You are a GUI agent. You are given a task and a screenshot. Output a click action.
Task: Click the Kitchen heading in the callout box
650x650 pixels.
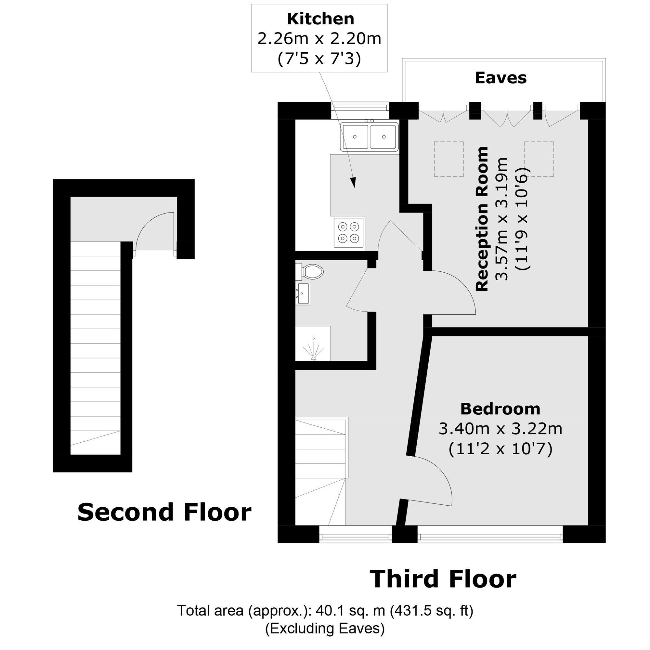(320, 19)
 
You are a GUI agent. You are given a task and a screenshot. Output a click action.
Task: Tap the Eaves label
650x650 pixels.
(500, 78)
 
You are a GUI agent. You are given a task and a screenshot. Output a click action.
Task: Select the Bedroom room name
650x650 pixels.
(500, 409)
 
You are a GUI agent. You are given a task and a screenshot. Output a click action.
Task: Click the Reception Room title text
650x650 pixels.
(482, 219)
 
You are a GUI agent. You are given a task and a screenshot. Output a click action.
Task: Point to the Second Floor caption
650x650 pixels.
(164, 512)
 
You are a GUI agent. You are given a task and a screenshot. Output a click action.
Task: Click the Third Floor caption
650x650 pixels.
(443, 579)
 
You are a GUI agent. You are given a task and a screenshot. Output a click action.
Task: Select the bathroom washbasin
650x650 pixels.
(303, 293)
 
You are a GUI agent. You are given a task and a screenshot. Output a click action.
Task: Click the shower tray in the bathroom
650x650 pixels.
(313, 344)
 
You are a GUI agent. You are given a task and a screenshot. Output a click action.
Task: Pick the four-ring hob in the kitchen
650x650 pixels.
(348, 232)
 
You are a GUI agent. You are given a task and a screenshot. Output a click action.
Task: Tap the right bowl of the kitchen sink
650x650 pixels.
(383, 136)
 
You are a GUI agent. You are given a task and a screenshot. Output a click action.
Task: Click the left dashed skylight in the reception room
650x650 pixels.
(448, 159)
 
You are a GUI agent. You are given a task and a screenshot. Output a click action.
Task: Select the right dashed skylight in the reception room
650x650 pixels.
(539, 159)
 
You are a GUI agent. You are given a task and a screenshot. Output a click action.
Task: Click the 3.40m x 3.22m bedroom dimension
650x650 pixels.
(500, 429)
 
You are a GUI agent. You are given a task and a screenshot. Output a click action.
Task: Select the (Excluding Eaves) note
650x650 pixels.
(325, 628)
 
